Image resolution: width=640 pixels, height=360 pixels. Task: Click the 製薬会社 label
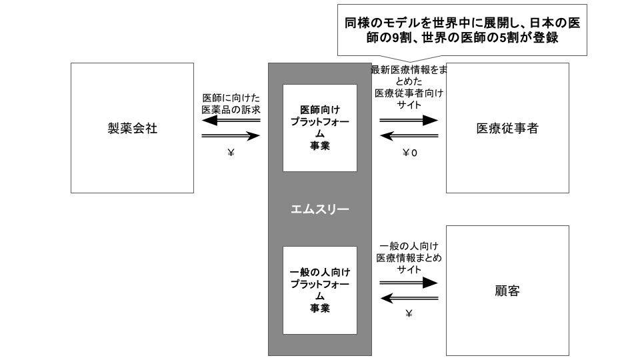pyautogui.click(x=132, y=128)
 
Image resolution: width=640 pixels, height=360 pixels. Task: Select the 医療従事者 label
pyautogui.click(x=507, y=128)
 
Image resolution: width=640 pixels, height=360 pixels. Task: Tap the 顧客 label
pyautogui.click(x=507, y=291)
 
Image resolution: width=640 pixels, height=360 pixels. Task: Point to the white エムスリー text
pyautogui.click(x=319, y=209)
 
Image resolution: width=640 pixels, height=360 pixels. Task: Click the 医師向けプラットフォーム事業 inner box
pyautogui.click(x=319, y=128)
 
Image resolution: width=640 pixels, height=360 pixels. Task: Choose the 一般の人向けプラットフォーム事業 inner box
pyautogui.click(x=319, y=290)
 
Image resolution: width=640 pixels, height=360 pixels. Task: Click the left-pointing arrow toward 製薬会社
pyautogui.click(x=231, y=120)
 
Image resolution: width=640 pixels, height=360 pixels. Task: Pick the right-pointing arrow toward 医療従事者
pyautogui.click(x=409, y=120)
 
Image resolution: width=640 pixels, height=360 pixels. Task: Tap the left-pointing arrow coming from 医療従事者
pyautogui.click(x=409, y=136)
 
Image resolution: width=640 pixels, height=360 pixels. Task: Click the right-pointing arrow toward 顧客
pyautogui.click(x=409, y=283)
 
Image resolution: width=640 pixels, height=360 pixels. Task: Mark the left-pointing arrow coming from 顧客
pyautogui.click(x=409, y=299)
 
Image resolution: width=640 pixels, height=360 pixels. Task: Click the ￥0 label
pyautogui.click(x=409, y=153)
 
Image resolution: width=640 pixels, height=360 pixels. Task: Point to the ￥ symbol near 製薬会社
pyautogui.click(x=231, y=153)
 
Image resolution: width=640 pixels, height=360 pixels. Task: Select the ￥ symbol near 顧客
pyautogui.click(x=409, y=313)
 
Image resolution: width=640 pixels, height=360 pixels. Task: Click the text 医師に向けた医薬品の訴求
pyautogui.click(x=231, y=104)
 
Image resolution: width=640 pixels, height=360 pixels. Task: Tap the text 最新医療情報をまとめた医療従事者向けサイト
pyautogui.click(x=409, y=87)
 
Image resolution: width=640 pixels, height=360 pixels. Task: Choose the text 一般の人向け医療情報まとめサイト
pyautogui.click(x=409, y=257)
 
